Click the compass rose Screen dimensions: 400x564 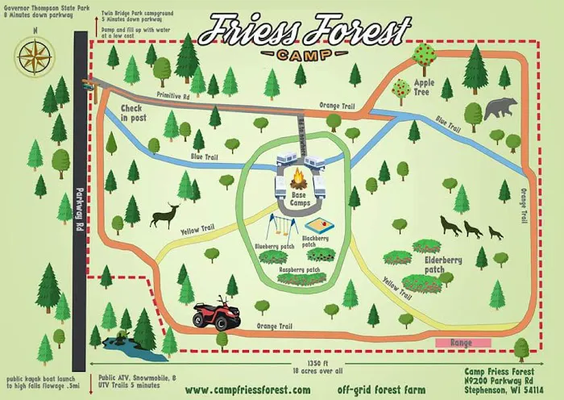pyautogui.click(x=34, y=56)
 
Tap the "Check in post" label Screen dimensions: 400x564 pyautogui.click(x=135, y=113)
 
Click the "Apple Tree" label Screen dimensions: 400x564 pyautogui.click(x=425, y=87)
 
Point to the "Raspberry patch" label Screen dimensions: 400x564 pyautogui.click(x=303, y=269)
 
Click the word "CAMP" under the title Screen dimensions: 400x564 pyautogui.click(x=303, y=55)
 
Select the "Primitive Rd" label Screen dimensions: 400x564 pyautogui.click(x=172, y=95)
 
